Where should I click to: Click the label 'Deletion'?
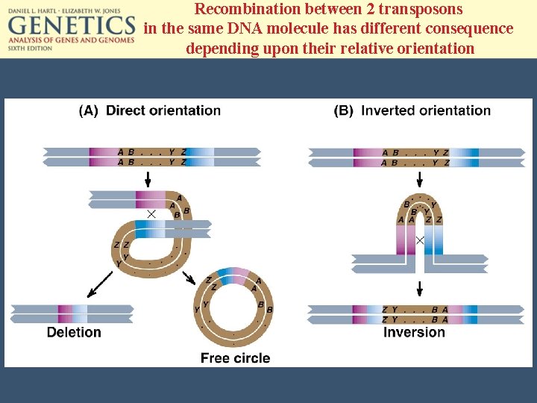[x=74, y=332]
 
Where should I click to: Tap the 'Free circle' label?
[x=235, y=358]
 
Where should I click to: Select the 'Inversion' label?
[x=414, y=332]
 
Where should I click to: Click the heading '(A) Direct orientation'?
[x=150, y=110]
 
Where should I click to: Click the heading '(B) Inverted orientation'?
[x=412, y=110]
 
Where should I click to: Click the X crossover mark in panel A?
[x=151, y=214]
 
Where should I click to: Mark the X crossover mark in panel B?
[x=420, y=240]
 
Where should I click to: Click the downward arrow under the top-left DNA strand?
[x=148, y=178]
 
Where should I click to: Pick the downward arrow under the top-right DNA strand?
[x=419, y=178]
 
